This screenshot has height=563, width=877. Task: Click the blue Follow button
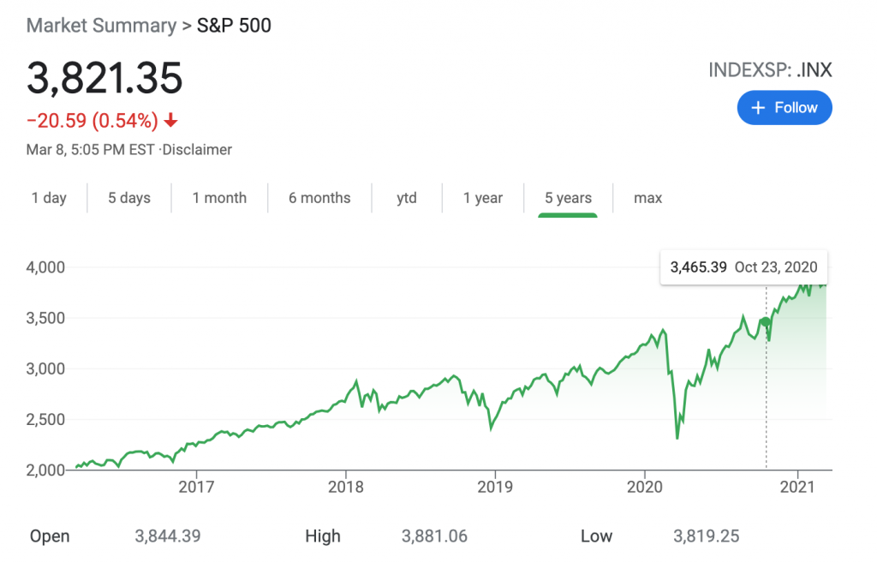[x=784, y=108]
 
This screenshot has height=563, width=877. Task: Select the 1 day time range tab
[x=49, y=198]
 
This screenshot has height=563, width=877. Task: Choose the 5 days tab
[x=129, y=198]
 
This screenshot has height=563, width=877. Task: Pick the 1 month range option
[x=219, y=198]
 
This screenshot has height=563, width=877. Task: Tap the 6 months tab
[x=319, y=198]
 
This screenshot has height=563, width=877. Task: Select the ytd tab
[x=407, y=198]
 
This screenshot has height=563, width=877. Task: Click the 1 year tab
[x=483, y=198]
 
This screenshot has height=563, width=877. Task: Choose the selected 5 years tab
[x=568, y=198]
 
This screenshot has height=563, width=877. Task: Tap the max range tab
[x=648, y=198]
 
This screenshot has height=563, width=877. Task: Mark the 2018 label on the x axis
[x=345, y=487]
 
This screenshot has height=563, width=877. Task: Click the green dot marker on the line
[x=766, y=322]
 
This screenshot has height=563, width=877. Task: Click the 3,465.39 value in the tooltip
[x=699, y=267]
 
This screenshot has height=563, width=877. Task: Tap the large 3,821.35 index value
[x=104, y=79]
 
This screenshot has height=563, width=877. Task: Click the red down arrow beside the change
[x=170, y=121]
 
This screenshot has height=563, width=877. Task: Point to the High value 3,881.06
[x=434, y=536]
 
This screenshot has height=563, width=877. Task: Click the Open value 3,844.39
[x=168, y=536]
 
